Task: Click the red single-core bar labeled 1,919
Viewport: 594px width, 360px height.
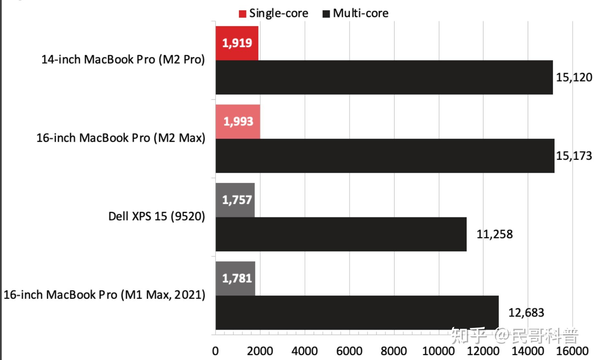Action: pos(237,43)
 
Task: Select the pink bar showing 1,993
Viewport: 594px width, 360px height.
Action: pos(238,122)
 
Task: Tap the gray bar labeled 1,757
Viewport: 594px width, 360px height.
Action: pos(235,200)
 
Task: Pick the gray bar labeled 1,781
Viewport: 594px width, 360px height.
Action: pos(236,279)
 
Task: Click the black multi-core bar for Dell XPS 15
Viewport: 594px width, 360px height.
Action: pos(341,234)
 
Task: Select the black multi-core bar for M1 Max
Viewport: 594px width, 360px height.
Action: pos(357,313)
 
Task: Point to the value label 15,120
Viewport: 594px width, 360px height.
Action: pos(574,77)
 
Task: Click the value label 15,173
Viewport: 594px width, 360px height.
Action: pos(574,156)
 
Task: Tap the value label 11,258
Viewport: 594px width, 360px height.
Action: pos(494,234)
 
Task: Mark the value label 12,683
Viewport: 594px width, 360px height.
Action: pos(526,313)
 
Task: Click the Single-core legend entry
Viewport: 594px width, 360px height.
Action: pos(273,13)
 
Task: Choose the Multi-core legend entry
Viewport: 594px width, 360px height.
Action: pos(356,13)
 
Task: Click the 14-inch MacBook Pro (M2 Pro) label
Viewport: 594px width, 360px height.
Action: pos(123,59)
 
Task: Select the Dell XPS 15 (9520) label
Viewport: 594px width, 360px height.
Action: pos(157,216)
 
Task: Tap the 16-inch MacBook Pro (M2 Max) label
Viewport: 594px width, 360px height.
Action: pos(121,138)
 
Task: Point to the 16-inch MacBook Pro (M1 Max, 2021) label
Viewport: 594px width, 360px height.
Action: pos(104,295)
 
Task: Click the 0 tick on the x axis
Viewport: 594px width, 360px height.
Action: pos(215,351)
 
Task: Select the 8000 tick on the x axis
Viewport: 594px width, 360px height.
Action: pos(394,351)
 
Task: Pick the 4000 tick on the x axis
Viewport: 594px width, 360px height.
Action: pos(304,351)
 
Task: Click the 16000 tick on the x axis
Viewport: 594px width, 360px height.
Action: pos(572,351)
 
